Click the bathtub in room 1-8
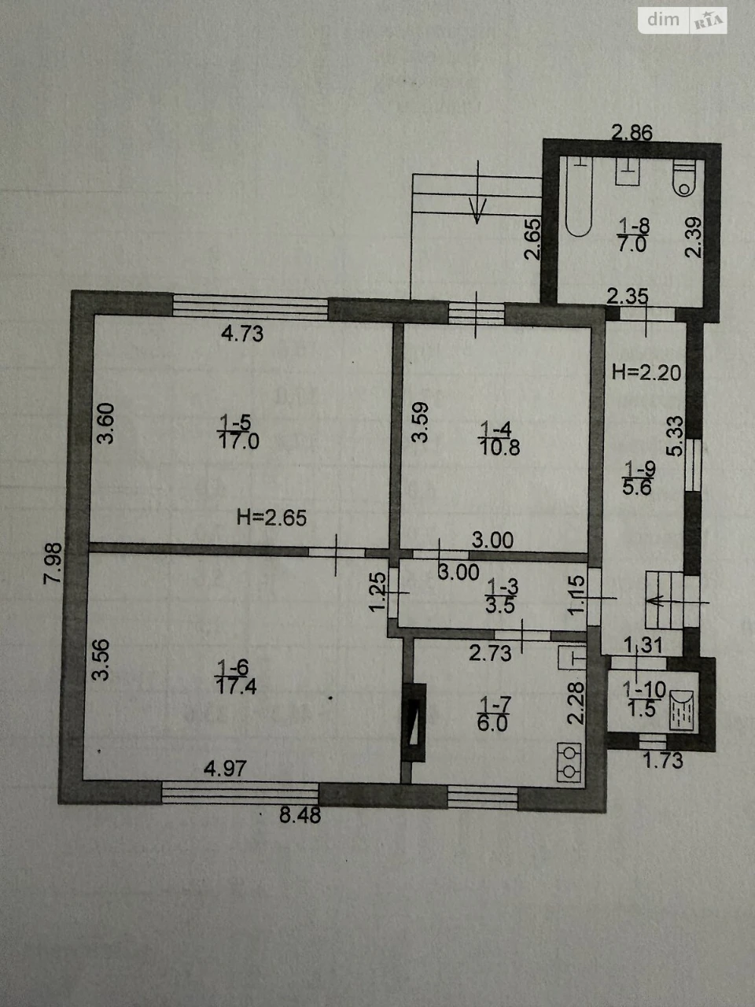point(579,197)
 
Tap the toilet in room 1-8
point(684,179)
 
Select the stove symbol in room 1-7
point(569,762)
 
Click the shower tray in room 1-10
point(682,710)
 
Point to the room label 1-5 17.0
point(238,432)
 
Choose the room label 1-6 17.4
point(236,677)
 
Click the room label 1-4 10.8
point(499,438)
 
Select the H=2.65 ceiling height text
point(271,518)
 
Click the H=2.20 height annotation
point(646,373)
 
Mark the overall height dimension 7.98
point(53,563)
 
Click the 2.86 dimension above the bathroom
point(632,133)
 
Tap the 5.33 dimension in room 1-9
point(675,436)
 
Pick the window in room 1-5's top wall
point(250,307)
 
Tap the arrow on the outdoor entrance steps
point(477,192)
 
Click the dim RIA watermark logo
point(682,20)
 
